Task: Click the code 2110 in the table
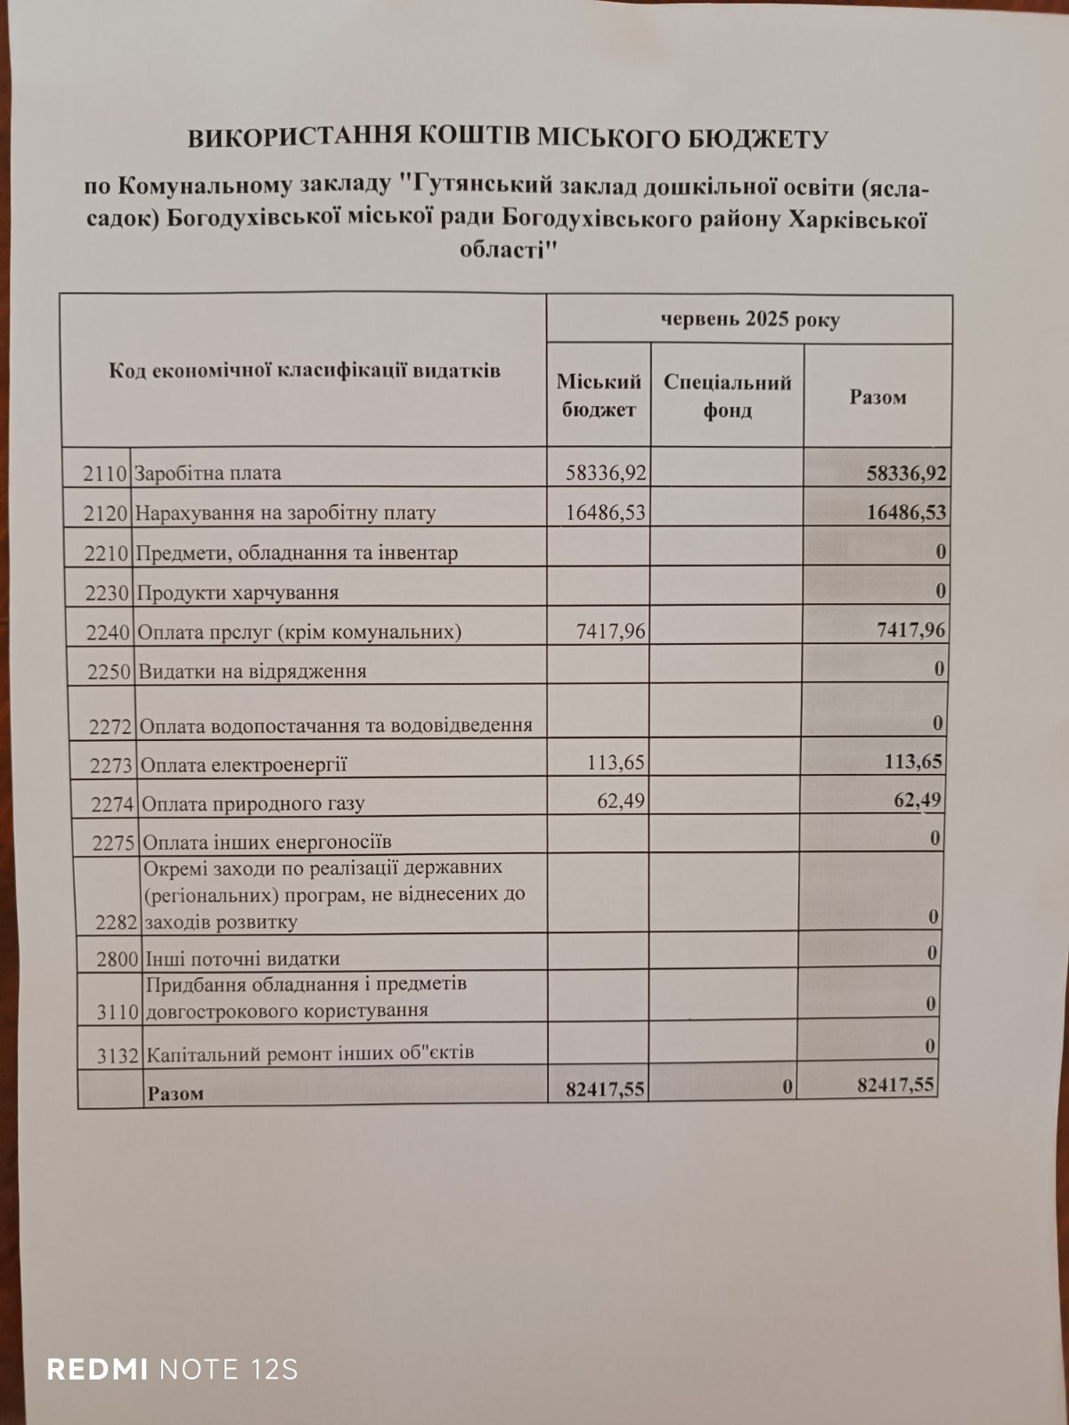[x=105, y=474]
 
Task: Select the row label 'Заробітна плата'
[x=208, y=474]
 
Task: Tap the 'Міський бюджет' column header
[x=598, y=395]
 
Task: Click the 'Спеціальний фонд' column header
[x=727, y=395]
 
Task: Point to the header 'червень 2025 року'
[x=749, y=320]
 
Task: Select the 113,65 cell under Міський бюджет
[x=616, y=762]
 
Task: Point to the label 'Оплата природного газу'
[x=254, y=803]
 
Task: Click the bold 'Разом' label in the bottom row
[x=175, y=1093]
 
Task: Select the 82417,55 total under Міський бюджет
[x=605, y=1088]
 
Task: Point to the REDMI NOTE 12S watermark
[x=172, y=1369]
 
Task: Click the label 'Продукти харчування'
[x=237, y=593]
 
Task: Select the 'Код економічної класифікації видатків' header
[x=305, y=370]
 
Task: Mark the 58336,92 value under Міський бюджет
[x=606, y=473]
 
